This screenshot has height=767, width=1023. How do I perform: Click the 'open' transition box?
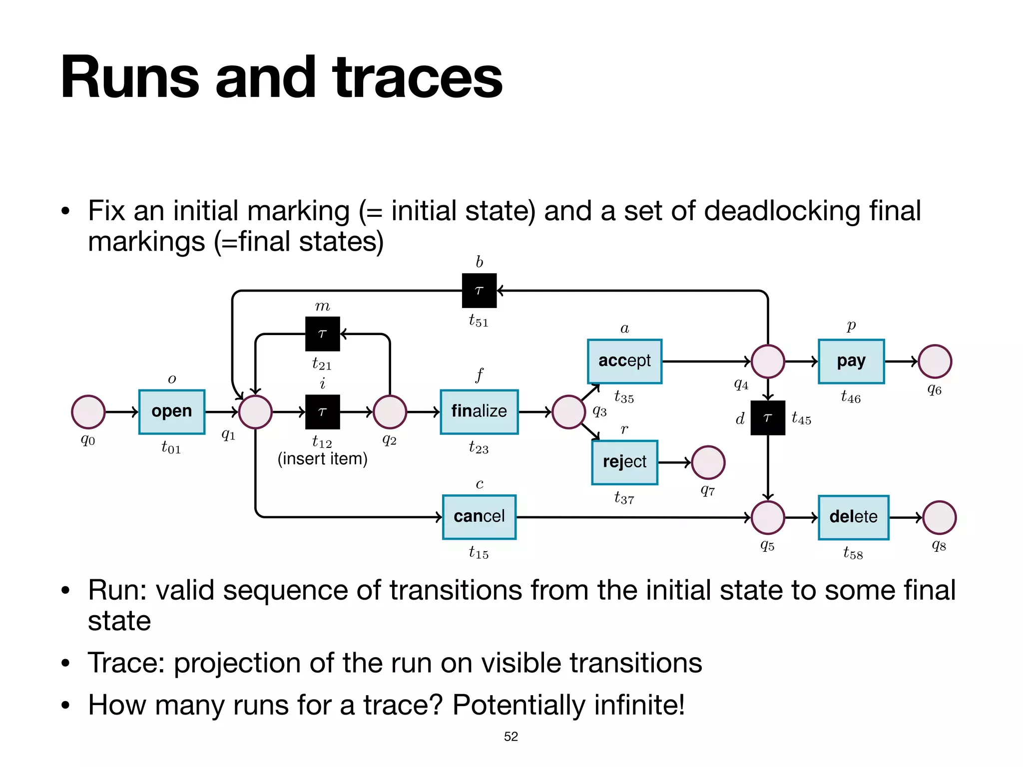(x=171, y=411)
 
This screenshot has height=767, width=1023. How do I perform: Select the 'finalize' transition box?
(x=479, y=411)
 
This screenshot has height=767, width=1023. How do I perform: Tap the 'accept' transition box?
(x=624, y=361)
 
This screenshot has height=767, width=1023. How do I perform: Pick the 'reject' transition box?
(x=624, y=462)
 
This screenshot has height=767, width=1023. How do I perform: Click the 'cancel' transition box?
(x=479, y=517)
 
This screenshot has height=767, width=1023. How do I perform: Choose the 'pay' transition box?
(x=851, y=361)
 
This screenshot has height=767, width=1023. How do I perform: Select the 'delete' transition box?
(x=853, y=517)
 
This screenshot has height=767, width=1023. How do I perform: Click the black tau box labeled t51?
(x=479, y=290)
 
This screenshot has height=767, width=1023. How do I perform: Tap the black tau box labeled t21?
(x=322, y=334)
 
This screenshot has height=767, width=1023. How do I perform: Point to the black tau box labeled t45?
(x=768, y=417)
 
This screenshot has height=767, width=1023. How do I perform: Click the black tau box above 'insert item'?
(x=322, y=411)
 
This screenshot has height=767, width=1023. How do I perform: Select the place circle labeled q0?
(x=88, y=412)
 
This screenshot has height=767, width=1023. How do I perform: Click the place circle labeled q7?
(x=708, y=462)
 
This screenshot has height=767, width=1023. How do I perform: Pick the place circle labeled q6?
(x=935, y=361)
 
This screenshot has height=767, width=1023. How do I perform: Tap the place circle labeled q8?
(x=939, y=517)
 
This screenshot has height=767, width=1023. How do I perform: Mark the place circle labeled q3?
(x=568, y=412)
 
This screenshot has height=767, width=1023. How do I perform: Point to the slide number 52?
(x=511, y=737)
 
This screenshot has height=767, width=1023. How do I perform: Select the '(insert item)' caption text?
(x=322, y=458)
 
